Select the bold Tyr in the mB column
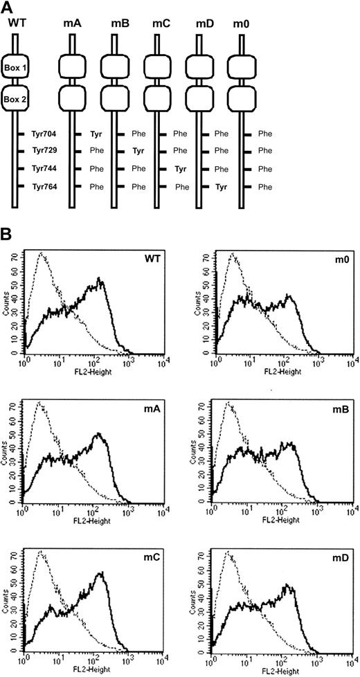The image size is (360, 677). pos(138,150)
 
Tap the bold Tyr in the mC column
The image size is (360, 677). pos(180,168)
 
